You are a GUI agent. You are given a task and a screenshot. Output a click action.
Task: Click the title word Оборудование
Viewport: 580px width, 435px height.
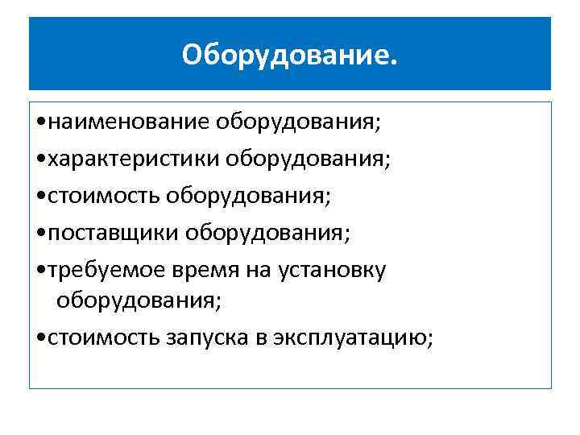(x=289, y=55)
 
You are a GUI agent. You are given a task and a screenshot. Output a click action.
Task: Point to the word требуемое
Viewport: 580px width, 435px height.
(x=108, y=270)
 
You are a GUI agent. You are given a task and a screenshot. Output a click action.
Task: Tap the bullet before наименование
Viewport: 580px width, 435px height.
(x=41, y=122)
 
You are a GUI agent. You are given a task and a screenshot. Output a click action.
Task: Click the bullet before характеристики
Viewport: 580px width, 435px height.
(x=41, y=159)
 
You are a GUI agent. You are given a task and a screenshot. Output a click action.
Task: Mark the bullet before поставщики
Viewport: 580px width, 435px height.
(x=41, y=234)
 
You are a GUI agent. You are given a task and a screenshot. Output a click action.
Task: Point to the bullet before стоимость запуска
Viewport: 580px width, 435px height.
(x=41, y=338)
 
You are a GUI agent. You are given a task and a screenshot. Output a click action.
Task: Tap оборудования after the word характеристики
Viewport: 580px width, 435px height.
(x=308, y=159)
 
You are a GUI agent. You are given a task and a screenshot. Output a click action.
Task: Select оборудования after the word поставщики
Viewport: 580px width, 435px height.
(x=268, y=233)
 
